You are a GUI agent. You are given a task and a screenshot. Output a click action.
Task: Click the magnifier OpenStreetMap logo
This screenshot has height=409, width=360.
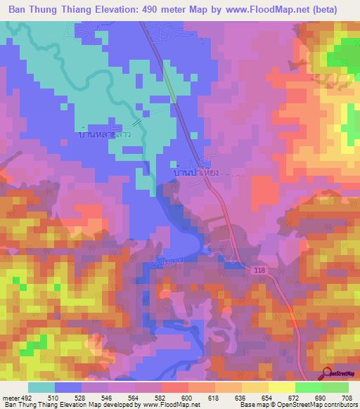328,374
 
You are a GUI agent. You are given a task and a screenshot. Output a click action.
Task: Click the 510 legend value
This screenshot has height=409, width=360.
68,398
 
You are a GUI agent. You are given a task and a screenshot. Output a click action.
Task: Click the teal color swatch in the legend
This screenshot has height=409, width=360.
41,387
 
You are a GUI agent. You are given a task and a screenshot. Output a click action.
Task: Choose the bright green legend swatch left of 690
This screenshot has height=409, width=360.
308,387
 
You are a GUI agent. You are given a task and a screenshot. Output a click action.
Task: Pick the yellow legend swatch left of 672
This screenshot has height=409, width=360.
281,387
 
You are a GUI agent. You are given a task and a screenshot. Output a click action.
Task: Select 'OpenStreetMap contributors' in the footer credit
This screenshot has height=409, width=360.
318,405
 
